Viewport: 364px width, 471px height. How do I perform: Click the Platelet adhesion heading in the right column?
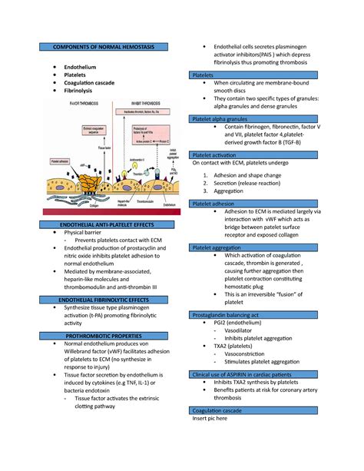pos(218,204)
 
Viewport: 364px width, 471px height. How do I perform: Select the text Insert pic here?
pos(216,420)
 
